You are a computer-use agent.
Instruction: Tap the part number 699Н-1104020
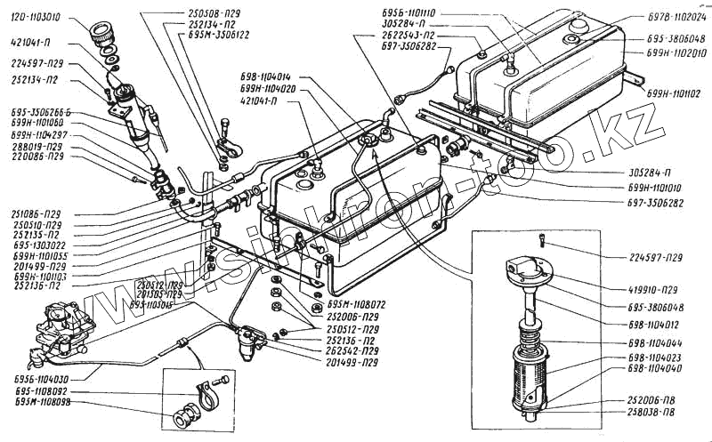coord(272,90)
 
